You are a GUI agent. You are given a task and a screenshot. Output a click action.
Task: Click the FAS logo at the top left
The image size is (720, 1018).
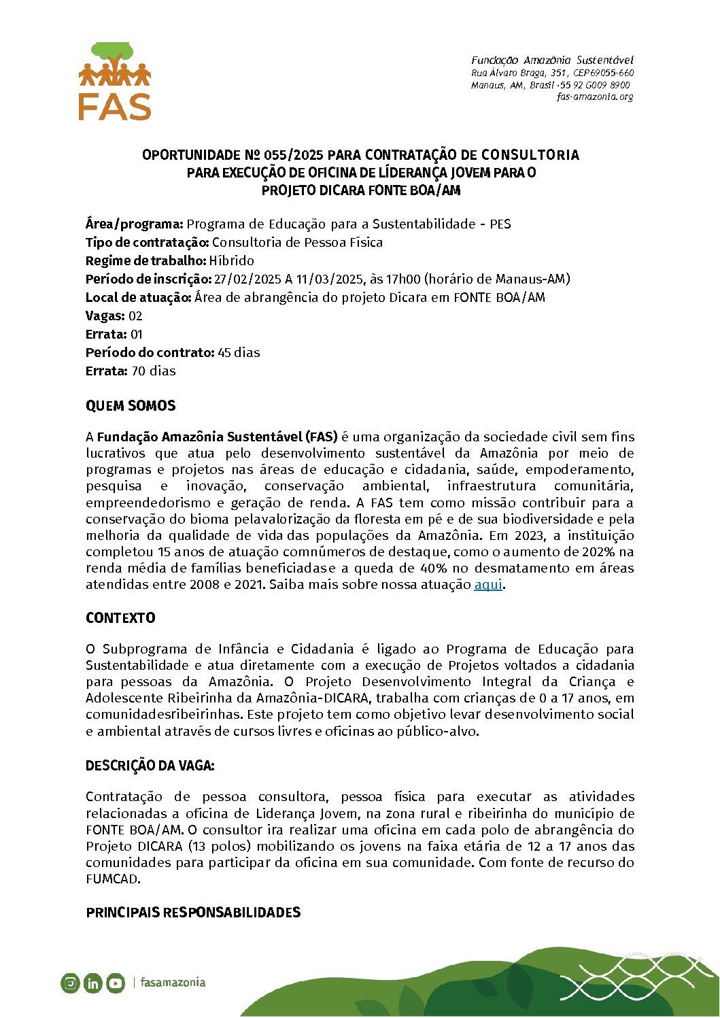[x=115, y=82]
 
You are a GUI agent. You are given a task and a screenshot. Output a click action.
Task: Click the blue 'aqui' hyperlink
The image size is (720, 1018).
[x=487, y=585]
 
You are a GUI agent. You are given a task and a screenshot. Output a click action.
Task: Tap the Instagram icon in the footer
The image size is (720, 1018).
[x=70, y=983]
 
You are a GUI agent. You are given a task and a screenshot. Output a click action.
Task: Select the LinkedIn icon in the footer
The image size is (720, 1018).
[x=93, y=983]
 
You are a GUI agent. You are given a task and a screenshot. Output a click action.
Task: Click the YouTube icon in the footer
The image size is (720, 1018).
[x=116, y=983]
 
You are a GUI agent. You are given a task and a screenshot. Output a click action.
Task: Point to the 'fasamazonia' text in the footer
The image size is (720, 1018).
[x=173, y=983]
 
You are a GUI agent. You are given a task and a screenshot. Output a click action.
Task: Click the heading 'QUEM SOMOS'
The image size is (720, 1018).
[x=131, y=406]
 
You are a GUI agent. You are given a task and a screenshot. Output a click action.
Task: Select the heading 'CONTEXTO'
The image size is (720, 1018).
[x=120, y=618]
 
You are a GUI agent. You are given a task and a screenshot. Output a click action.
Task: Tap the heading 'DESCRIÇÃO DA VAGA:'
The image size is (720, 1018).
[x=150, y=766]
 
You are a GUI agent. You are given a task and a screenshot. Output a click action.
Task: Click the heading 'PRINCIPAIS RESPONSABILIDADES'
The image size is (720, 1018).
[x=193, y=913]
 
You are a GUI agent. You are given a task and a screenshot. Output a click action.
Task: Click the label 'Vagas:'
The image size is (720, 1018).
[x=105, y=316]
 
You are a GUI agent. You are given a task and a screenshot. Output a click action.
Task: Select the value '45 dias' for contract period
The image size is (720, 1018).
[x=239, y=353]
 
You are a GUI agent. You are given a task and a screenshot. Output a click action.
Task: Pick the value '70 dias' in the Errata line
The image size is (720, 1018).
[x=154, y=371]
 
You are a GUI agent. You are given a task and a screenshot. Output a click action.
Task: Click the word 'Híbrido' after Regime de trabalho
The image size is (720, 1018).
[x=232, y=261]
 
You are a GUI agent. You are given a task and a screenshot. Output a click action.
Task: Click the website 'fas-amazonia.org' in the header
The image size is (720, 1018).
[x=595, y=97]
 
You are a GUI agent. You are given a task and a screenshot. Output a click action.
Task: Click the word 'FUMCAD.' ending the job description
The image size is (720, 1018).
[x=113, y=879]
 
